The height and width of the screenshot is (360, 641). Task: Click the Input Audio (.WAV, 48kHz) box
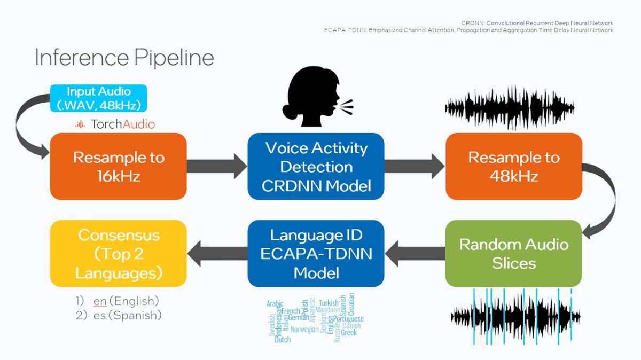[x=98, y=98]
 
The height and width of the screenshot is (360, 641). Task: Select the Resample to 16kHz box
[x=118, y=166]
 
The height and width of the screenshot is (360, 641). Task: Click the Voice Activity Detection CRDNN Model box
[x=316, y=166]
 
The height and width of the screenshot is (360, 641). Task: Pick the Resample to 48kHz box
[x=513, y=166]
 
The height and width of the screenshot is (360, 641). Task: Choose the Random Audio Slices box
[x=513, y=253]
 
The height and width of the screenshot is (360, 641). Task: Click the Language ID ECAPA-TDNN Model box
[x=316, y=253]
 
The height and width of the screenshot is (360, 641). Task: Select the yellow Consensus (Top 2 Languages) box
[x=118, y=253]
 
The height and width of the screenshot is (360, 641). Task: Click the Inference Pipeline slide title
[x=124, y=58]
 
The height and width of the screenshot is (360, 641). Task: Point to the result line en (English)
[x=126, y=301]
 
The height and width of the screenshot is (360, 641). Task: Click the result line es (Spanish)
[x=127, y=315]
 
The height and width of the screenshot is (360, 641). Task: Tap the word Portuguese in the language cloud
[x=348, y=319]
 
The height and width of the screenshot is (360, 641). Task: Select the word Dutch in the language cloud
[x=283, y=339]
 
